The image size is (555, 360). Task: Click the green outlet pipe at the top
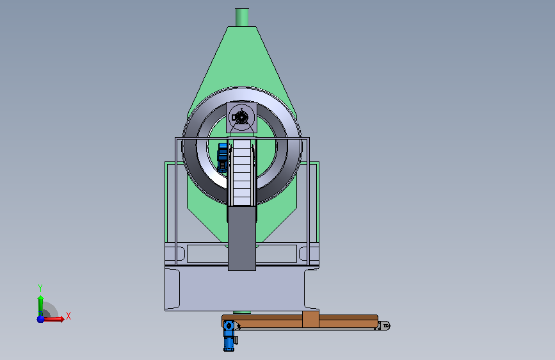[x=242, y=17]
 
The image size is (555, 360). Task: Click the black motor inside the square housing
[x=242, y=117]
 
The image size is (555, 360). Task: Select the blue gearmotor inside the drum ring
[x=222, y=158]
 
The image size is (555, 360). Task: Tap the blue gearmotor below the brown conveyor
[x=229, y=335]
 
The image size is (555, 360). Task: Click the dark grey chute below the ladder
[x=242, y=238]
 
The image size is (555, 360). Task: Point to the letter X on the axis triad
[x=68, y=316]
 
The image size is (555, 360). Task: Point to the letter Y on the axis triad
[x=40, y=288]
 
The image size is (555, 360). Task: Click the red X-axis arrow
[x=53, y=319]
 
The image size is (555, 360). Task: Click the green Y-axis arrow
[x=40, y=306]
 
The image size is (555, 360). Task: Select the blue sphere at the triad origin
[x=41, y=319]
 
